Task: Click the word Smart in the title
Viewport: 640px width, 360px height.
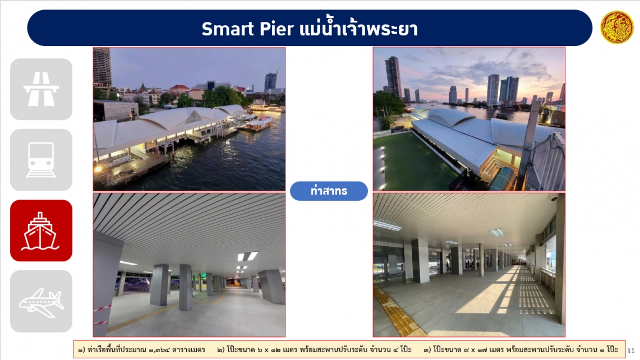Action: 228,29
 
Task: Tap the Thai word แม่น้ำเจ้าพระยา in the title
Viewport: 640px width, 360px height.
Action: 359,27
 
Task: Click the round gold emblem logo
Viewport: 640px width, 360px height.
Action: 617,27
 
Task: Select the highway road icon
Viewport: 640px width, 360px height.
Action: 41,89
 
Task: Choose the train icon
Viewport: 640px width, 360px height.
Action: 41,160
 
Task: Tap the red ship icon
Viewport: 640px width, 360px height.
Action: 41,230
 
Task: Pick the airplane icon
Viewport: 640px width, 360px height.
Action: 41,301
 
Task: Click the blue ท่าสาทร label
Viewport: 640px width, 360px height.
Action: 329,191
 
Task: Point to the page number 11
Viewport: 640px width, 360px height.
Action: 630,350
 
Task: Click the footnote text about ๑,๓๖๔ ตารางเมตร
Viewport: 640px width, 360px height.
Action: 141,350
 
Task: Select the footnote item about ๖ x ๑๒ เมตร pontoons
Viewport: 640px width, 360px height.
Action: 314,350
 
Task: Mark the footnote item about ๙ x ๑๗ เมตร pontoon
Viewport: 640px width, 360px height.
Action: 521,350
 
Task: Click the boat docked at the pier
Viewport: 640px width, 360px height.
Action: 256,124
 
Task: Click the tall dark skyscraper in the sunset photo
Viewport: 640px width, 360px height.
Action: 393,77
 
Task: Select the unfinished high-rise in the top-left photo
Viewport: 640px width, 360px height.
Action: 103,68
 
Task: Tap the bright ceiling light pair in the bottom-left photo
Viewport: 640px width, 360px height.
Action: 248,256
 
